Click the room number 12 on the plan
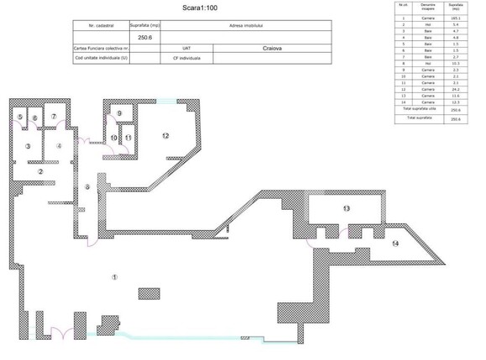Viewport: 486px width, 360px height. [x=165, y=135]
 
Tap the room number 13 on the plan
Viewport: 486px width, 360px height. [x=345, y=206]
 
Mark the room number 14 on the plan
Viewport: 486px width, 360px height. [x=396, y=243]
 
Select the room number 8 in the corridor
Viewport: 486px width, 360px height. [x=87, y=186]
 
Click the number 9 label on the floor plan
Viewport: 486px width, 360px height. [x=119, y=113]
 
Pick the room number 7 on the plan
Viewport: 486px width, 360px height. [x=53, y=117]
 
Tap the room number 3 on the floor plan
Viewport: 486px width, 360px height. [x=28, y=146]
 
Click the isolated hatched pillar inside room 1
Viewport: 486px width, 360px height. [x=149, y=295]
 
